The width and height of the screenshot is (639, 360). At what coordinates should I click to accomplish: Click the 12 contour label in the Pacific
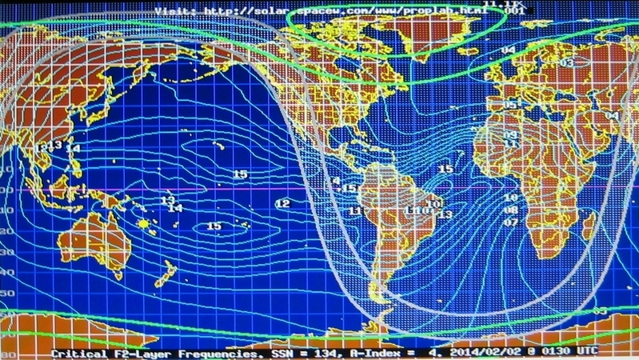point(282,204)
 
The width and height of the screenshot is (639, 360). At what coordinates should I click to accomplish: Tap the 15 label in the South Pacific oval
point(214,226)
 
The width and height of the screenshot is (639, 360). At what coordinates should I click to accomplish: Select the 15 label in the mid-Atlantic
point(445,170)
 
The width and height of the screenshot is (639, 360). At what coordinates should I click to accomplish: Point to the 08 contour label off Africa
point(510,210)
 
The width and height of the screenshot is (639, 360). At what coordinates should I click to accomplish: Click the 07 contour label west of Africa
point(510,222)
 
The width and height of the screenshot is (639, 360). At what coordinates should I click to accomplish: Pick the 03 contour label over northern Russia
point(567,62)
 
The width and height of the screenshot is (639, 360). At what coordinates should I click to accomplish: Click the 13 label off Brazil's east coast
point(445,214)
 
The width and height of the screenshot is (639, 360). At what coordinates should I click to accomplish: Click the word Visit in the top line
point(173,11)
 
